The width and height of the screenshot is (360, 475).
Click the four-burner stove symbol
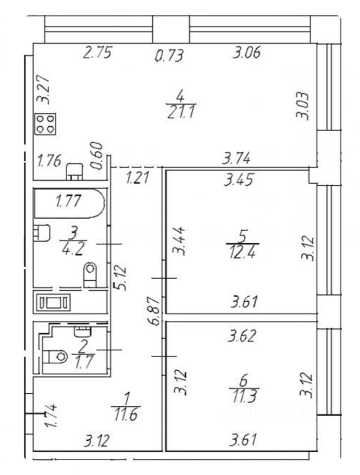pyautogui.click(x=45, y=124)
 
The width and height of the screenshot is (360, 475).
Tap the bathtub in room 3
pyautogui.click(x=69, y=202)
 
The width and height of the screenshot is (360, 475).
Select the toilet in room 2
pyautogui.click(x=55, y=356)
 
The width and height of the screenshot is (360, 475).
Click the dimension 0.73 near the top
pyautogui.click(x=169, y=56)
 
